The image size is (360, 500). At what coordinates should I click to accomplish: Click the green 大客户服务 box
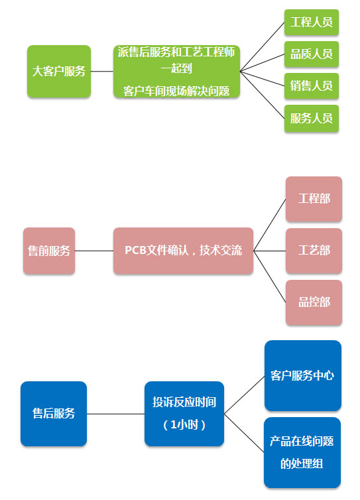pyautogui.click(x=59, y=71)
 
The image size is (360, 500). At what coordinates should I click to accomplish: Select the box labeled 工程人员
pyautogui.click(x=311, y=22)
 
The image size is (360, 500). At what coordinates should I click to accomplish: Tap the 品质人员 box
pyautogui.click(x=311, y=54)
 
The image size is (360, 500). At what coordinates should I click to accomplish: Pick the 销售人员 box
pyautogui.click(x=311, y=86)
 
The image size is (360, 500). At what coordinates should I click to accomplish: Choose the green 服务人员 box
pyautogui.click(x=311, y=118)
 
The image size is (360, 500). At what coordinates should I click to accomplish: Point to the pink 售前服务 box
pyautogui.click(x=49, y=251)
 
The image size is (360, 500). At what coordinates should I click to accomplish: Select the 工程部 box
pyautogui.click(x=314, y=199)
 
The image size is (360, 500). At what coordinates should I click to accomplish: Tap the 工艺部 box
pyautogui.click(x=314, y=251)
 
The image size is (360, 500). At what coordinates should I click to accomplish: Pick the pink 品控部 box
pyautogui.click(x=314, y=302)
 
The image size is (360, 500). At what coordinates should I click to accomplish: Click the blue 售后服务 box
pyautogui.click(x=54, y=414)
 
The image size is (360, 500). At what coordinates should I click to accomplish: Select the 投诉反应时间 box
pyautogui.click(x=184, y=414)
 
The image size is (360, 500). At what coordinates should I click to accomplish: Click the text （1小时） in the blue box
pyautogui.click(x=184, y=425)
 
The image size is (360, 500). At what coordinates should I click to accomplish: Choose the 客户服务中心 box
pyautogui.click(x=303, y=375)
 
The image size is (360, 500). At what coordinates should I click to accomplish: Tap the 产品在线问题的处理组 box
pyautogui.click(x=302, y=452)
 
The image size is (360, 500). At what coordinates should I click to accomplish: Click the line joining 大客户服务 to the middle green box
pyautogui.click(x=102, y=71)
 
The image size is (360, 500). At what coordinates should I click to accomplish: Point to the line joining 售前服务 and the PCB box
pyautogui.click(x=94, y=251)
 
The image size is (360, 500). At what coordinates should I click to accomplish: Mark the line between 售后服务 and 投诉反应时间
pyautogui.click(x=116, y=414)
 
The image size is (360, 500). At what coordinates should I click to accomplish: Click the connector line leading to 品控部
pyautogui.click(x=270, y=277)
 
